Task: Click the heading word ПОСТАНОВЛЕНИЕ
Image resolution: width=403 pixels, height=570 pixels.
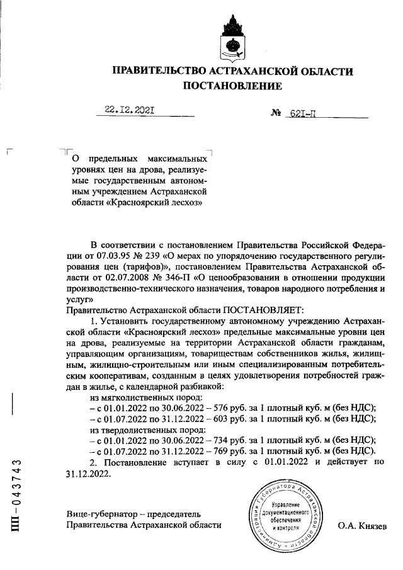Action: (x=232, y=86)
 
